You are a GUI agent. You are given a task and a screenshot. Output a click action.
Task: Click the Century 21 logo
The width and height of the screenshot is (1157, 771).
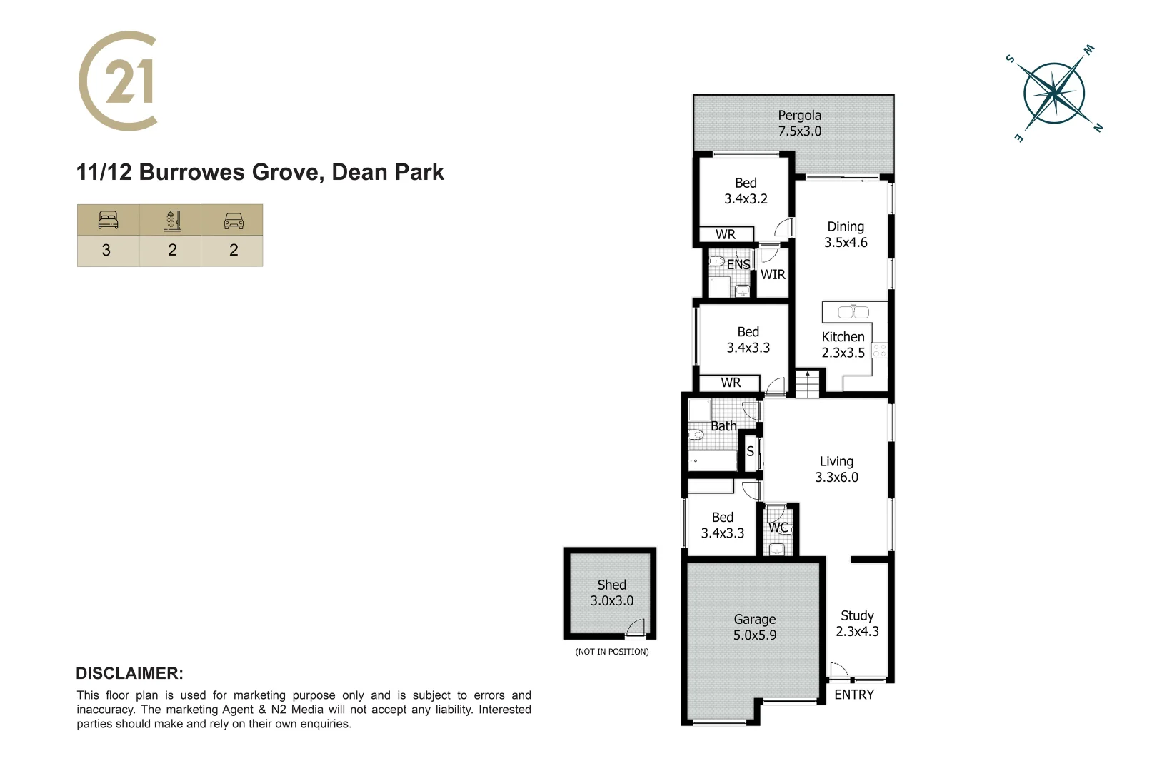pos(119,81)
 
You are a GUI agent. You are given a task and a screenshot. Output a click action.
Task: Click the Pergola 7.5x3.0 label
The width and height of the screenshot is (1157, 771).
pos(799,123)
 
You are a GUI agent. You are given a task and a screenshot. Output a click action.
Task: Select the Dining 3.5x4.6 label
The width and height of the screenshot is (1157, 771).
pos(846,234)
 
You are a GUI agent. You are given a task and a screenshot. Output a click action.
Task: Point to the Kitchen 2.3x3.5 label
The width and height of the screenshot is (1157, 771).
pos(843,344)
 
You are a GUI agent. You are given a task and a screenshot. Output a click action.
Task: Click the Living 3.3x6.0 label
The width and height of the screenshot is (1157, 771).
pos(836,469)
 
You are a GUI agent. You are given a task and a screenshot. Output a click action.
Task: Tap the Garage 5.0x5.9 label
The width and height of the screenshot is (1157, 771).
pos(754,627)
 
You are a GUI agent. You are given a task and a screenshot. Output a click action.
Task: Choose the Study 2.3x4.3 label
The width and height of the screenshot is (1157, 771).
pos(857,623)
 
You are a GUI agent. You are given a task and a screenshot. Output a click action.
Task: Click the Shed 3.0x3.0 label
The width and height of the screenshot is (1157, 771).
pos(611,593)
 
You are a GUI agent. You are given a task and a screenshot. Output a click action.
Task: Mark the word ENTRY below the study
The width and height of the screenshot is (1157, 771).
pos(853,695)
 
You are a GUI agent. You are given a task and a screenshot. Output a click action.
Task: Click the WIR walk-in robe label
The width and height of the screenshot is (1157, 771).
pos(773,274)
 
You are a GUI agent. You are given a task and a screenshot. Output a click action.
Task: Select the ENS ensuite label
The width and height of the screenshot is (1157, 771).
pos(738,264)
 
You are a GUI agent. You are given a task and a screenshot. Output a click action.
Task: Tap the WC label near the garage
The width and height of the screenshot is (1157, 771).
pos(778,528)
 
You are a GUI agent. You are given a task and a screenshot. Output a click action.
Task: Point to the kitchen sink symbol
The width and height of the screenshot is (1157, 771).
pos(853,312)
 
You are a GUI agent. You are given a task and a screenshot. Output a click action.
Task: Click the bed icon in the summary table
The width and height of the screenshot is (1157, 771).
pos(108,220)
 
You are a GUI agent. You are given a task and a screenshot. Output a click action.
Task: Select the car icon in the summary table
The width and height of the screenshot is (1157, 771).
pos(234,221)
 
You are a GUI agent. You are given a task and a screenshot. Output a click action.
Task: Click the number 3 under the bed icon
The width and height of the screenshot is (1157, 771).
pos(106,250)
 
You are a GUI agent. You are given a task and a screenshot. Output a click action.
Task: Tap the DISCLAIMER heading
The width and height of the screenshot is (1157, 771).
pos(129,673)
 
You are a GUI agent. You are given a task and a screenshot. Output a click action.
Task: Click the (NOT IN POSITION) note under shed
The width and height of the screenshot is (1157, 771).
pos(612,652)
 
